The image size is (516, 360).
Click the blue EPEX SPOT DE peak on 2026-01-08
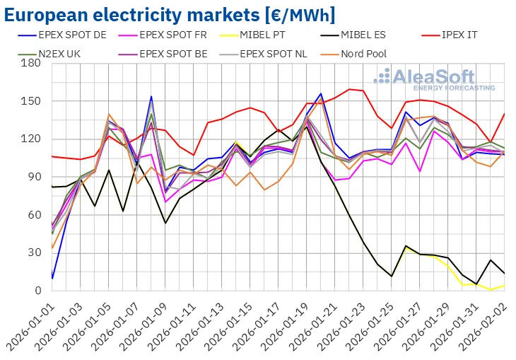pos(151,97)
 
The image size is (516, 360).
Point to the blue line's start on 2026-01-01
pos(52,278)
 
